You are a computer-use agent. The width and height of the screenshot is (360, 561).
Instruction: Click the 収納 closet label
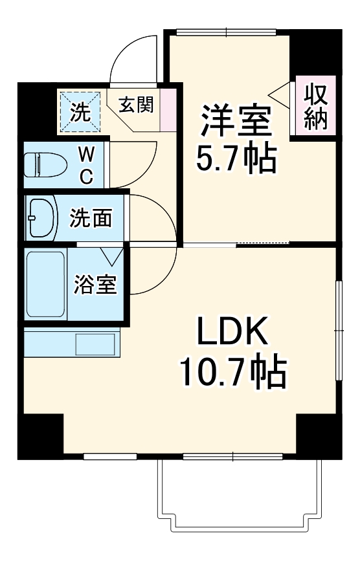point(315,107)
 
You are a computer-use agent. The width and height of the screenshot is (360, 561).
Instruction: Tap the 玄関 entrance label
point(135,105)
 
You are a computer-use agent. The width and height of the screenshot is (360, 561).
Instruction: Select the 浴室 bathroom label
point(95,285)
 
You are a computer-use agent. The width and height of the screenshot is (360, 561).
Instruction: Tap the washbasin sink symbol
point(41,218)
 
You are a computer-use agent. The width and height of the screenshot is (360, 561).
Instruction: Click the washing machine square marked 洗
point(81,111)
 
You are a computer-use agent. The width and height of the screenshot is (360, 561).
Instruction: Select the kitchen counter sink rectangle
point(95,344)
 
